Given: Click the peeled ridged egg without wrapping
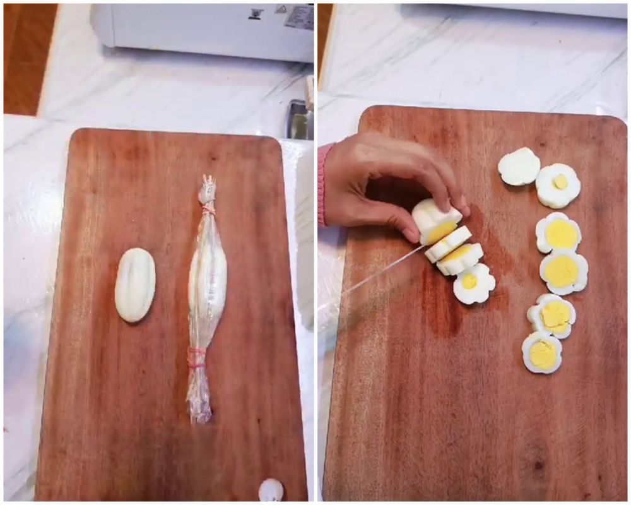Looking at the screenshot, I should pyautogui.click(x=135, y=285).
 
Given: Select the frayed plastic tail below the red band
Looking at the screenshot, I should pyautogui.click(x=199, y=395).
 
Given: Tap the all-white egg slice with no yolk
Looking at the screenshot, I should pyautogui.click(x=519, y=166).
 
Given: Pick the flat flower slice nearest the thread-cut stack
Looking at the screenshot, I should pyautogui.click(x=474, y=283).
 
